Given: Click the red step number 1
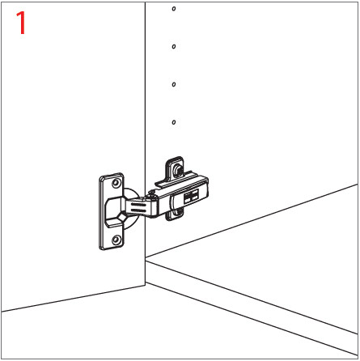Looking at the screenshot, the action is (21, 23).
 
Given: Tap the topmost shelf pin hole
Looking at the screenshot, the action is (174, 9).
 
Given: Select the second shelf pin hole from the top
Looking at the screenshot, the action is (174, 46).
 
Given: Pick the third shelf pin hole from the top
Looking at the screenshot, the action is (174, 84).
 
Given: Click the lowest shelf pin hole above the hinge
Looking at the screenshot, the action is (174, 122).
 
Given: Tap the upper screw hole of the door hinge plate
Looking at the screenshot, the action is (116, 183).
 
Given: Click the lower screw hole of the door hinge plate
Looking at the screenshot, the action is (116, 240).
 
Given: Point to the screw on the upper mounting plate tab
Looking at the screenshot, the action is (177, 170).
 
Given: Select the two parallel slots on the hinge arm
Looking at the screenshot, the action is (138, 208).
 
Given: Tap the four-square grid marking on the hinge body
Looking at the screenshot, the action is (191, 196).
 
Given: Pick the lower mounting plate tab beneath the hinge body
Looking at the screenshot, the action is (176, 214).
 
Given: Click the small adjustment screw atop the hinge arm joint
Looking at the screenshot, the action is (153, 193).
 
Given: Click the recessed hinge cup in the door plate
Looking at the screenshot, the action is (116, 213).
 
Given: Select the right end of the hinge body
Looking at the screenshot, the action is (206, 187).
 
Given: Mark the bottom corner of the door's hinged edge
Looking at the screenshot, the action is (146, 285).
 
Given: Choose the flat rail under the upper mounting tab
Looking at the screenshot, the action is (175, 179).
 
